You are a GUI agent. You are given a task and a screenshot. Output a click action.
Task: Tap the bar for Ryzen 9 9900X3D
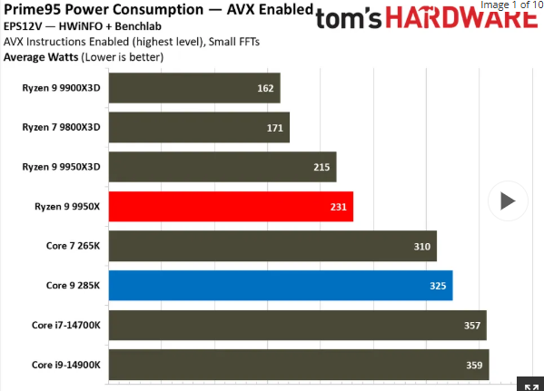193,89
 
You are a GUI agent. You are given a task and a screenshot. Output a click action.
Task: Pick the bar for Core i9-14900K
298,365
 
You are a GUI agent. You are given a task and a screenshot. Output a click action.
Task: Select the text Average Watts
41,56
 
